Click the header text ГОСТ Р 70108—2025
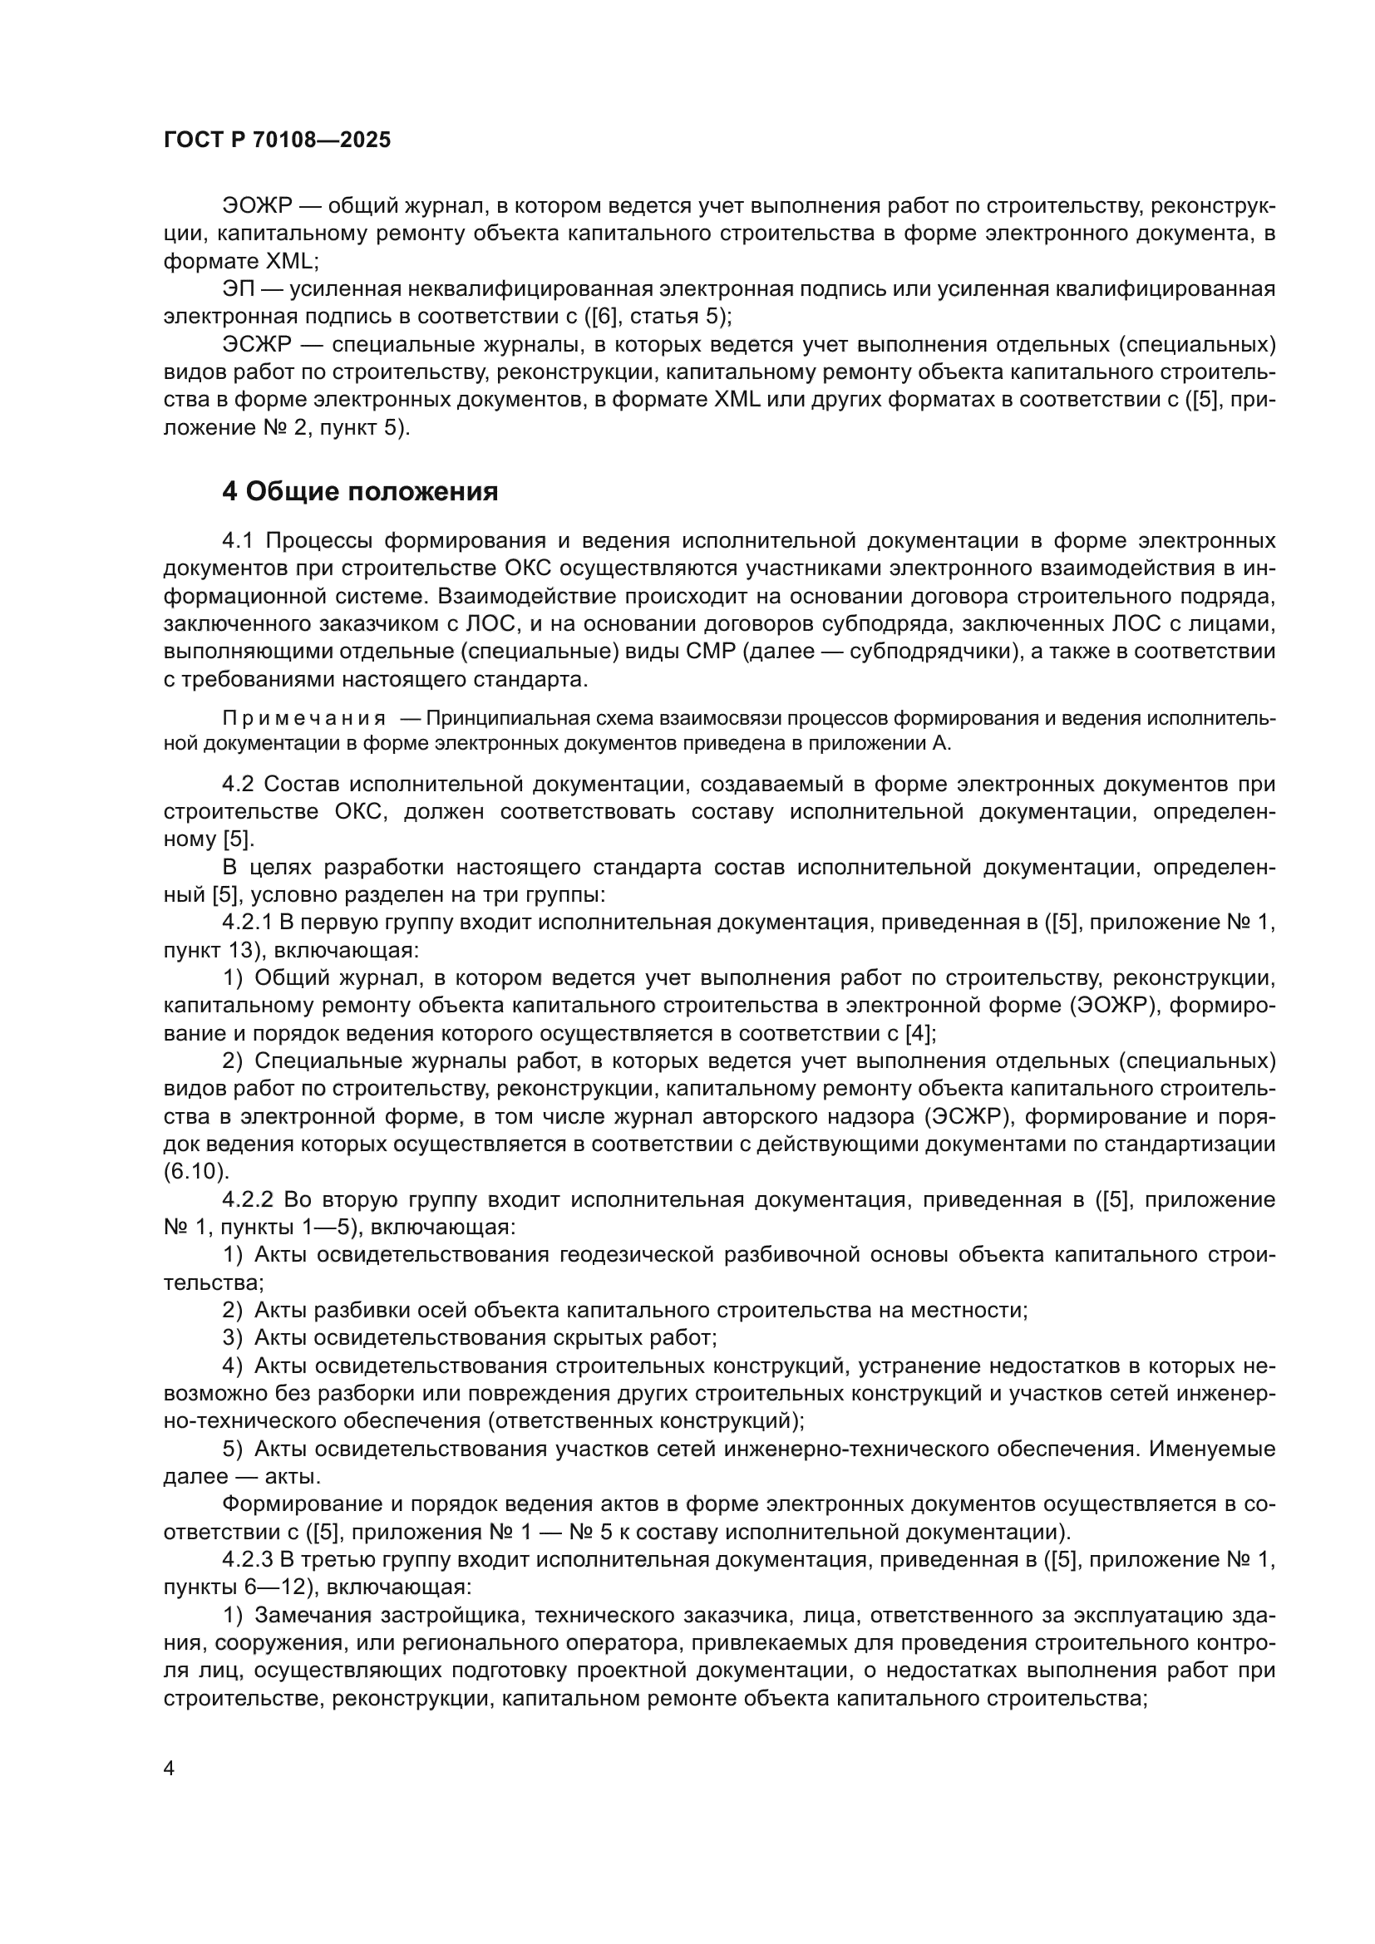[277, 140]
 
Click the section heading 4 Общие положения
[360, 491]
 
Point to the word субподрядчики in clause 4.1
[928, 652]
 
